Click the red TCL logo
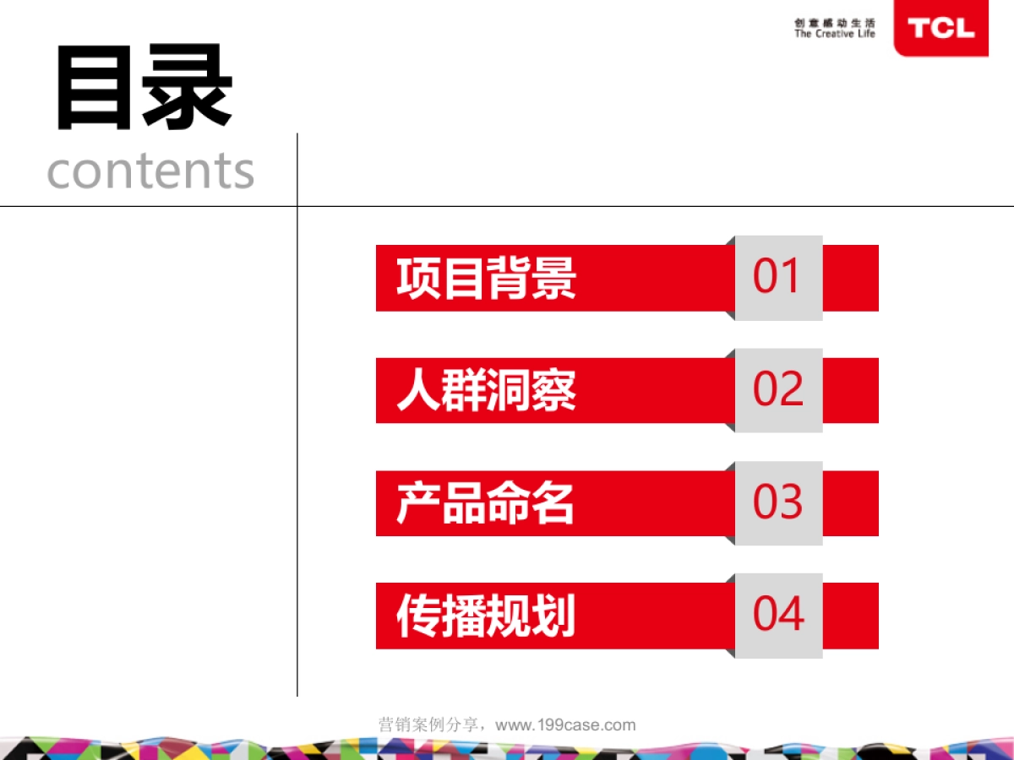(x=940, y=29)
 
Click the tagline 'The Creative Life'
(x=835, y=35)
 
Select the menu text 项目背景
(x=487, y=278)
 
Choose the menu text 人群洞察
(x=487, y=390)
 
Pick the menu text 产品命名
(x=486, y=503)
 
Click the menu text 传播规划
(x=487, y=616)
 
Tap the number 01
(x=777, y=277)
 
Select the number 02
(x=778, y=390)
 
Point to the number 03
(x=778, y=502)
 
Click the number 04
(x=778, y=615)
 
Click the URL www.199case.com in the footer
(x=565, y=725)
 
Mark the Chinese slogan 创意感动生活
(x=835, y=23)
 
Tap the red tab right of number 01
(x=851, y=278)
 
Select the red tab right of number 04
(x=851, y=616)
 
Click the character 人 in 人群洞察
(x=417, y=390)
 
